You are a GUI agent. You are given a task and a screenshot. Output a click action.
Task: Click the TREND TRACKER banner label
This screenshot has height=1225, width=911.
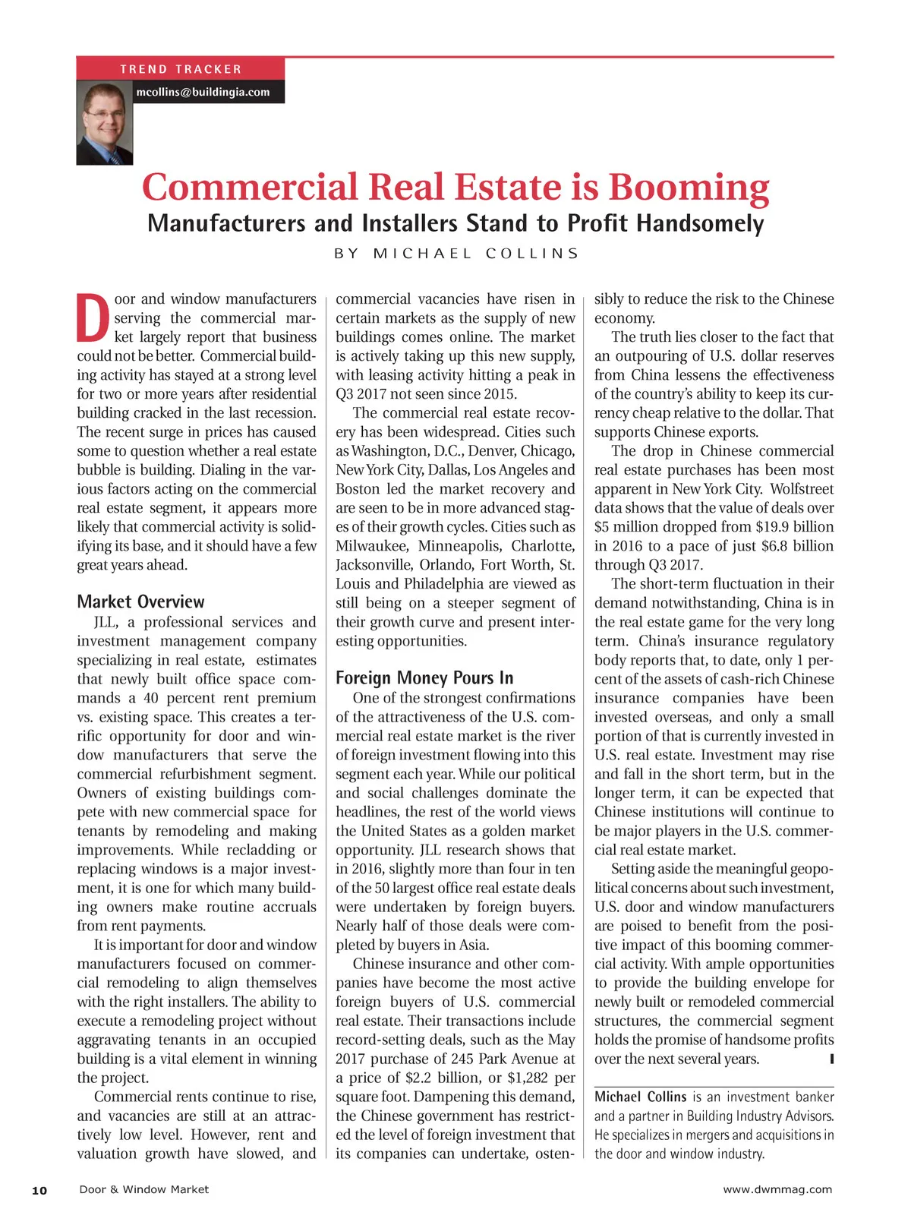pyautogui.click(x=181, y=69)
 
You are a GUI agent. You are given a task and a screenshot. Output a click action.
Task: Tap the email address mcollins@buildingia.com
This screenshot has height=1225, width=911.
pyautogui.click(x=203, y=92)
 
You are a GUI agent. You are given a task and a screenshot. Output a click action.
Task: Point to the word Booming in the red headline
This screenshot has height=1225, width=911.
pyautogui.click(x=689, y=188)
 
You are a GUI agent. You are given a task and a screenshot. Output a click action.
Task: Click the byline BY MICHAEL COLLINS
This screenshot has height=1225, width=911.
pyautogui.click(x=456, y=254)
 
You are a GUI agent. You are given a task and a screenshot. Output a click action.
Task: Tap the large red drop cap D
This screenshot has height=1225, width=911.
pyautogui.click(x=93, y=317)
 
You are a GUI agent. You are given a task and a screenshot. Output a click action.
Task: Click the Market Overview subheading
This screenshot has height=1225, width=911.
pyautogui.click(x=140, y=602)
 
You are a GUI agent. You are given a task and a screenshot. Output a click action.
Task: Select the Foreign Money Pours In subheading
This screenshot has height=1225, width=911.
pyautogui.click(x=424, y=678)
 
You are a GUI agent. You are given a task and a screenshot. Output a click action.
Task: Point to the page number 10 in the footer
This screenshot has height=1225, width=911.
pyautogui.click(x=39, y=1190)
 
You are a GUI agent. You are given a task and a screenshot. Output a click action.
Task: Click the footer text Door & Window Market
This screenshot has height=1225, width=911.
pyautogui.click(x=143, y=1189)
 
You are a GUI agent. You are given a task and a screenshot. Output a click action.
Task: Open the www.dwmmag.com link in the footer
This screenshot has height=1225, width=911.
pyautogui.click(x=777, y=1189)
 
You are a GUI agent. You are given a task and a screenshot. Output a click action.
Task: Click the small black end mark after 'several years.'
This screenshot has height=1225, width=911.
pyautogui.click(x=832, y=1058)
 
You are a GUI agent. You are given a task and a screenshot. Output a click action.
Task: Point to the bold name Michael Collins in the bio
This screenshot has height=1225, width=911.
pyautogui.click(x=640, y=1097)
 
